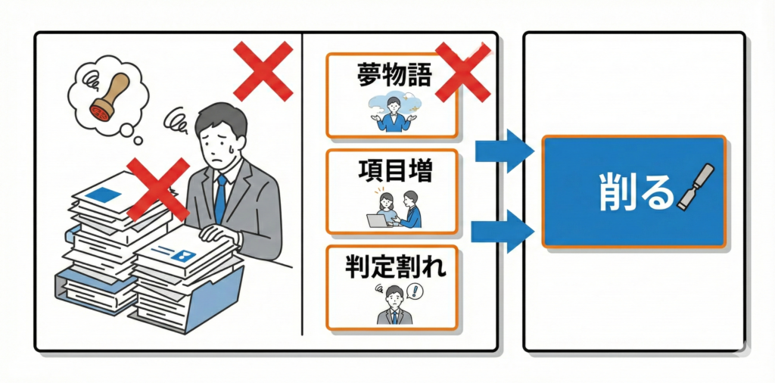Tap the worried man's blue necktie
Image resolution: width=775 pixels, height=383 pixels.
pyautogui.click(x=220, y=198)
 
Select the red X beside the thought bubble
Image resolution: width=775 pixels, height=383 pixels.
pyautogui.click(x=262, y=70)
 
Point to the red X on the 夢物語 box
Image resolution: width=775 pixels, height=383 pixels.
pyautogui.click(x=461, y=71)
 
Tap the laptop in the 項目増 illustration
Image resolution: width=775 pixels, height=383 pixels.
pyautogui.click(x=376, y=220)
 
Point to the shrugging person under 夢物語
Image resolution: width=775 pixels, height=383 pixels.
pyautogui.click(x=393, y=114)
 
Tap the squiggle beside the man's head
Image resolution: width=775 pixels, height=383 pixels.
pyautogui.click(x=179, y=120)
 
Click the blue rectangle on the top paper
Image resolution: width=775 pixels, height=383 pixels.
pyautogui.click(x=104, y=195)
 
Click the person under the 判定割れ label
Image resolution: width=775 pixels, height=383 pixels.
pyautogui.click(x=393, y=306)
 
